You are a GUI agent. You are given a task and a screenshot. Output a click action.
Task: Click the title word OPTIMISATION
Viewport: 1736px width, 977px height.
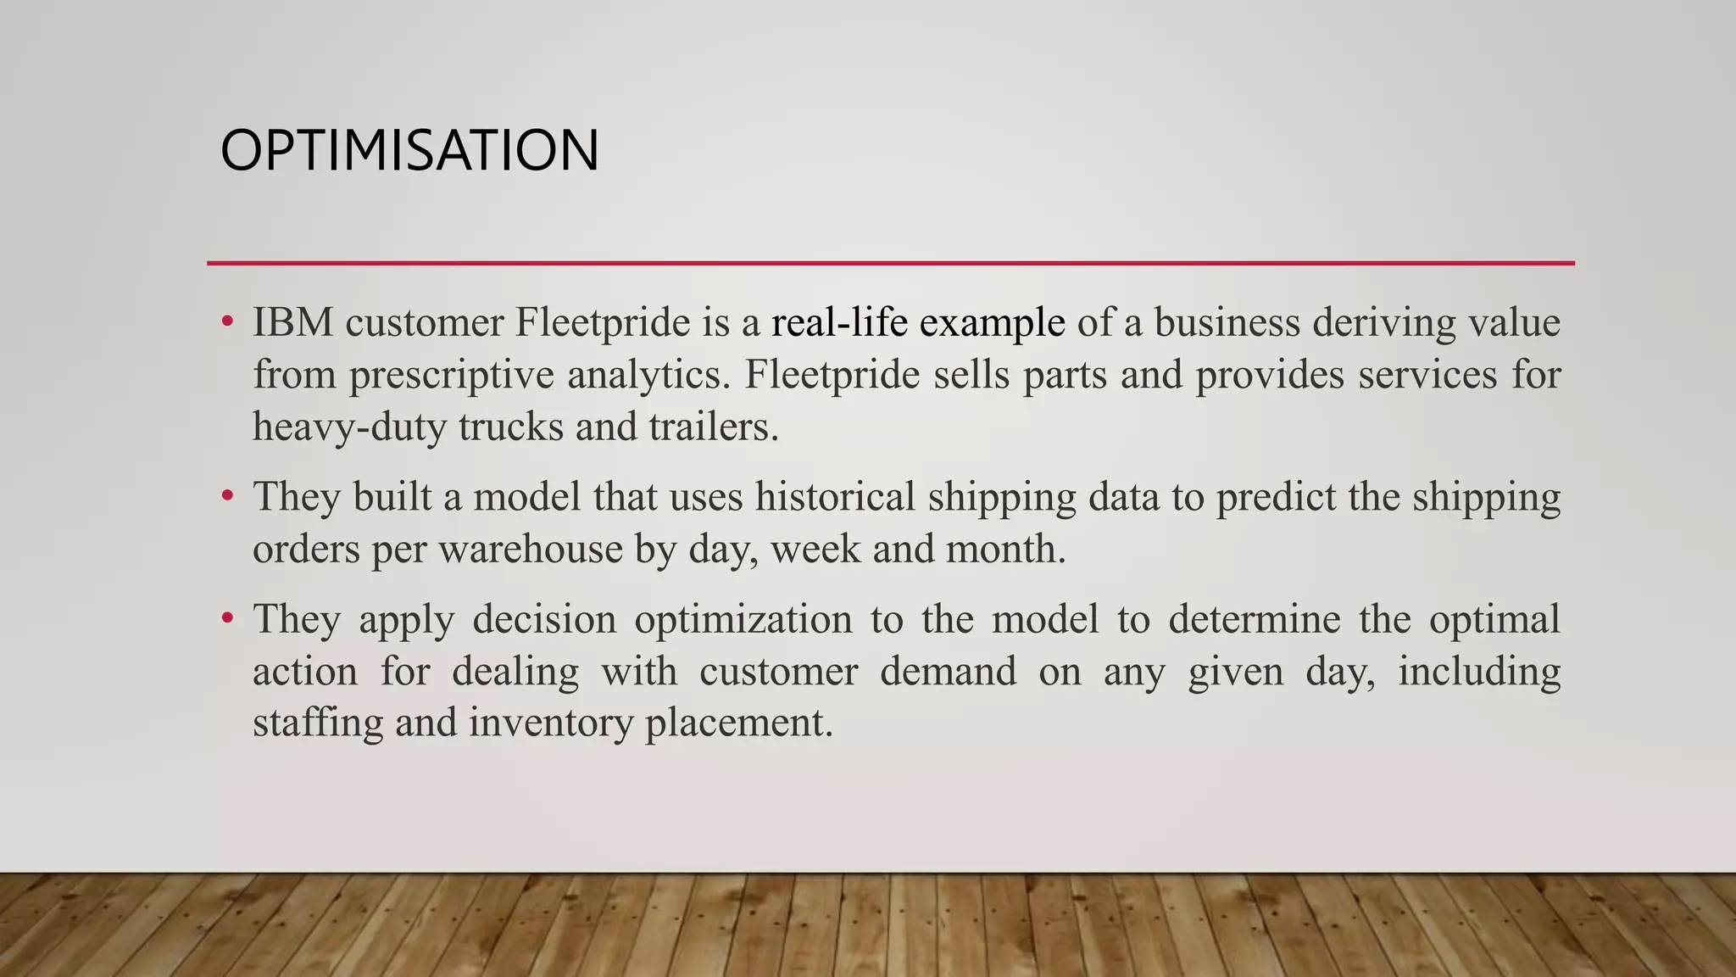tap(409, 151)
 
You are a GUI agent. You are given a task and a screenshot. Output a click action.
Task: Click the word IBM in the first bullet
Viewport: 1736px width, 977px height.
tap(292, 323)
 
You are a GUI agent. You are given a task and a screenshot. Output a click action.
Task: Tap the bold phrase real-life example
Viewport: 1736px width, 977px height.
tap(917, 323)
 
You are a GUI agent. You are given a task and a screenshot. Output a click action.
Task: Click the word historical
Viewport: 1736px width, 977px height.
tap(835, 497)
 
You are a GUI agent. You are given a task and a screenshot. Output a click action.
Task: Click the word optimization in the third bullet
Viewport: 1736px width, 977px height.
tap(743, 619)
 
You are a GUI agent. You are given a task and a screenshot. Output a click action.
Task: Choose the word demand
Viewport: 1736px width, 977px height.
tap(948, 672)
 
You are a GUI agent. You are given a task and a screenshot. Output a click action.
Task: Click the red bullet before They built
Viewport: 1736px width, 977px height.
tap(226, 495)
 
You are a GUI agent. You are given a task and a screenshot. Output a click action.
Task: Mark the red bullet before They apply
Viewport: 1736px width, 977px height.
tap(226, 617)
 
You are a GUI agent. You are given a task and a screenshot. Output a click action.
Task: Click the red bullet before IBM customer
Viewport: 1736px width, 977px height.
tap(226, 321)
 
